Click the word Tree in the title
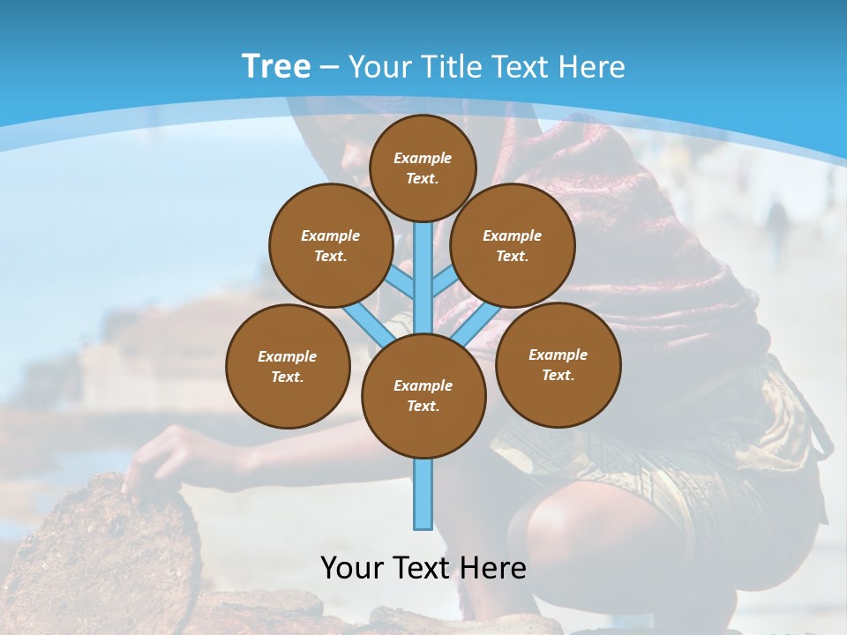point(276,67)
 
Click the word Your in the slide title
point(379,67)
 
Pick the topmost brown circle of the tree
point(423,168)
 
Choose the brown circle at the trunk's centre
point(423,396)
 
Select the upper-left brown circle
point(330,245)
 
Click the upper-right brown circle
point(512,245)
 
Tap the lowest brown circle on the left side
point(288,366)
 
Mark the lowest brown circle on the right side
point(558,364)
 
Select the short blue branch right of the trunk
point(444,283)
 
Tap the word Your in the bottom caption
point(352,567)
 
